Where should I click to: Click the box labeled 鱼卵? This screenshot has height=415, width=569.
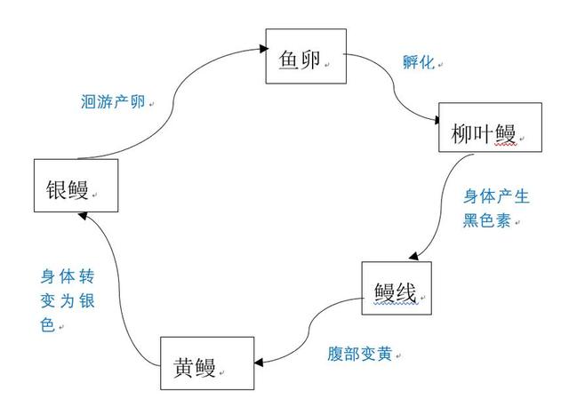tap(305, 57)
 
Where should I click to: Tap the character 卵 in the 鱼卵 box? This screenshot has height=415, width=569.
tap(312, 58)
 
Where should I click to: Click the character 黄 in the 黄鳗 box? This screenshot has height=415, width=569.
tap(184, 365)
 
